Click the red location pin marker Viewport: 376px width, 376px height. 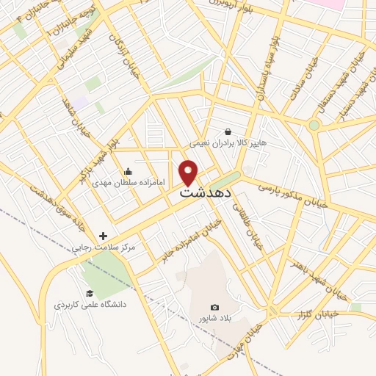pos(190,172)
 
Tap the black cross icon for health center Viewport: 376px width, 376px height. pos(104,236)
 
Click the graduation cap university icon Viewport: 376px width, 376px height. pos(90,291)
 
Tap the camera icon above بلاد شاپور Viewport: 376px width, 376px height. pos(214,307)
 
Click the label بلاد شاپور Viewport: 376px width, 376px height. pos(214,319)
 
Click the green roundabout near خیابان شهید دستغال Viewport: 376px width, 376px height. pos(314,126)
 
